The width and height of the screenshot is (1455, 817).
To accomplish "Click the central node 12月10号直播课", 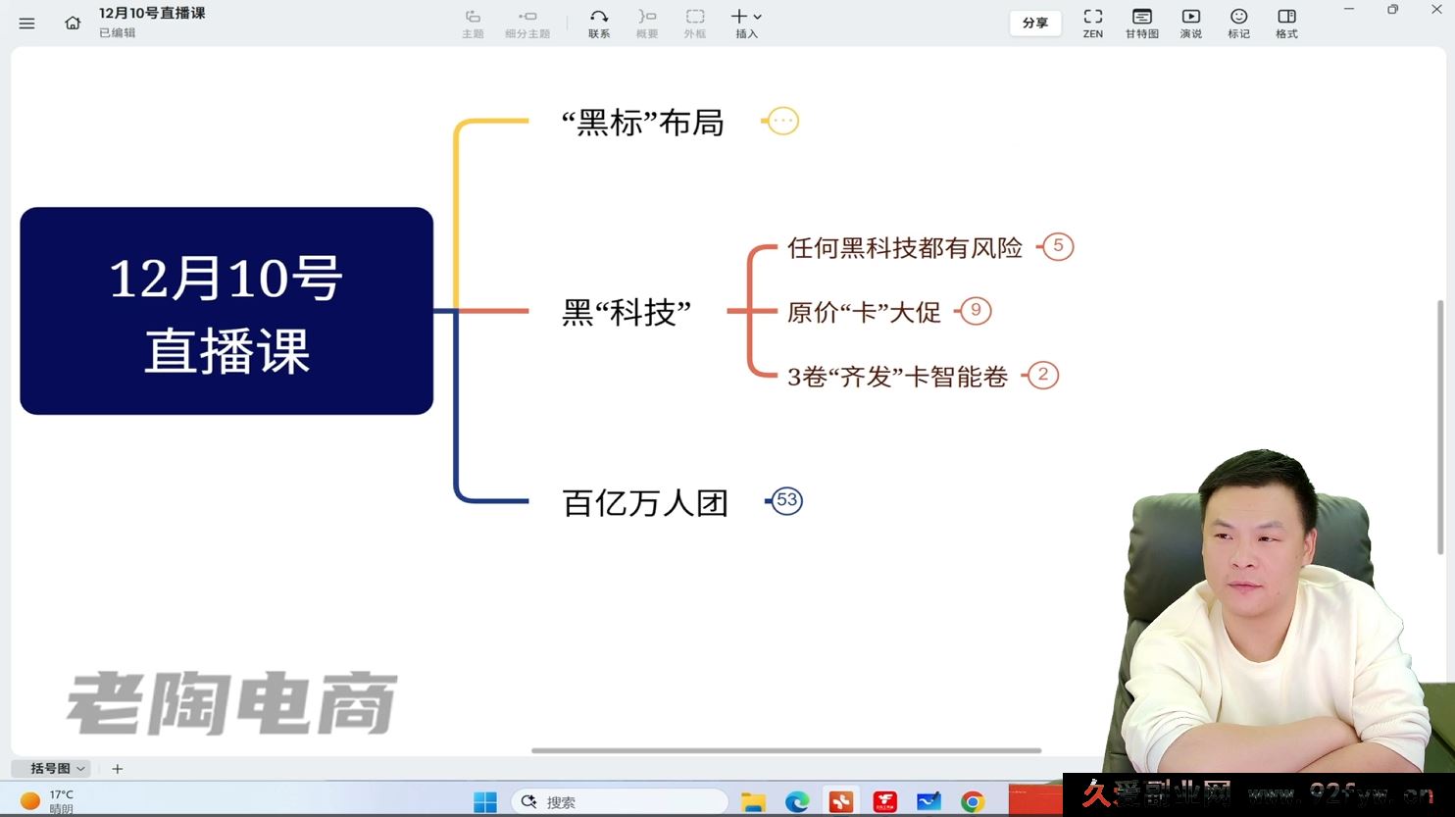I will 226,311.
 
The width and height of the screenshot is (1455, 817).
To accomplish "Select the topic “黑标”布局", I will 642,123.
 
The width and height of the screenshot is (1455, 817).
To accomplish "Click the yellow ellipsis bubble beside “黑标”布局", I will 782,121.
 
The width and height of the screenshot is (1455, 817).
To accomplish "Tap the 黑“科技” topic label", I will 627,312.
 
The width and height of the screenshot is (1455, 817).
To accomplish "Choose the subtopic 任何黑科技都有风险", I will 904,247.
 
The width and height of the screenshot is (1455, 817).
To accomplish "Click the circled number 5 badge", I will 1058,246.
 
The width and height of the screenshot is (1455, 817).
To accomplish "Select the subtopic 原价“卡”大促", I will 864,312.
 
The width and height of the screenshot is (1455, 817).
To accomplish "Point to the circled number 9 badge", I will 976,311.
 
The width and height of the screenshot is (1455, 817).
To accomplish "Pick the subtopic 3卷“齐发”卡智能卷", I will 897,377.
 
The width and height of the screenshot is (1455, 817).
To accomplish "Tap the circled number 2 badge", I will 1043,375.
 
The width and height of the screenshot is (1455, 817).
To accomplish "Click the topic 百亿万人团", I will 645,502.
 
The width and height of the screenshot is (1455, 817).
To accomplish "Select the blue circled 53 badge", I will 786,500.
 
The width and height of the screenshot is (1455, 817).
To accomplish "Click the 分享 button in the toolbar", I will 1035,23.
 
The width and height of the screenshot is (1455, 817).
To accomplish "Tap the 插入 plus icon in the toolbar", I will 740,17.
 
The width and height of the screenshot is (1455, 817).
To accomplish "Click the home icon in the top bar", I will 73,23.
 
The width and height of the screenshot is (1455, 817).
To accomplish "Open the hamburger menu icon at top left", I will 26,23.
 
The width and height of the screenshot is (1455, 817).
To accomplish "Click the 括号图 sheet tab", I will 51,769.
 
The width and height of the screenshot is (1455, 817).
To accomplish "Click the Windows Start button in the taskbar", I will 485,802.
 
